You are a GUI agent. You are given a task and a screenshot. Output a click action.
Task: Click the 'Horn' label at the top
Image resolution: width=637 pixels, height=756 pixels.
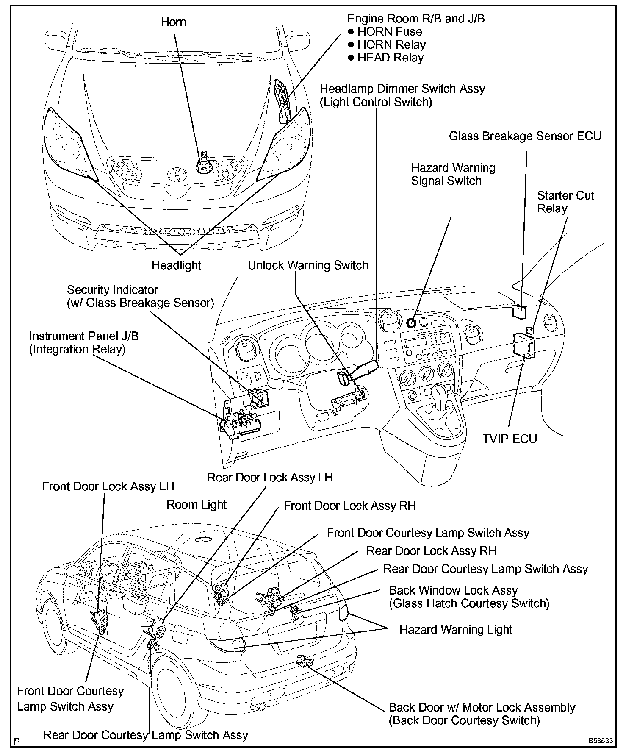click(x=173, y=22)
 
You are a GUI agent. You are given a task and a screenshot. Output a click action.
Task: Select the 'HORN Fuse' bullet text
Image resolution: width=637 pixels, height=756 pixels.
click(x=389, y=32)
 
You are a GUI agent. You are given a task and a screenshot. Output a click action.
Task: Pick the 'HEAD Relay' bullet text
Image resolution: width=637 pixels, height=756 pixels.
click(x=390, y=58)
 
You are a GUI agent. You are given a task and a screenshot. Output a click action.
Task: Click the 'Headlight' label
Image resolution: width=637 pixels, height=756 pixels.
click(x=176, y=265)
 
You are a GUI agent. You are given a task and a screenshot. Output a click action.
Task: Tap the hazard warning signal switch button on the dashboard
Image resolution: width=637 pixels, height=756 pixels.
click(x=411, y=323)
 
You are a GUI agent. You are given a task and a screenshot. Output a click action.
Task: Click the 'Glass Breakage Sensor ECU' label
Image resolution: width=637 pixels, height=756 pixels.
click(x=525, y=136)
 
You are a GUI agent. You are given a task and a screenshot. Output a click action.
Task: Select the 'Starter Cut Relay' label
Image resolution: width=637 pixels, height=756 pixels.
click(x=565, y=202)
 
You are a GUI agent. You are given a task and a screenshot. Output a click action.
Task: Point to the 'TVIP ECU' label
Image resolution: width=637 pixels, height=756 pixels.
click(x=510, y=439)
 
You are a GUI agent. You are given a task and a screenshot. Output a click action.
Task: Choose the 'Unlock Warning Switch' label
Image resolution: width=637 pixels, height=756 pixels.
click(x=308, y=265)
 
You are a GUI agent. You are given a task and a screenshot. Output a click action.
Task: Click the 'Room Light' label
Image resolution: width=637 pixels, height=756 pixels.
click(x=197, y=505)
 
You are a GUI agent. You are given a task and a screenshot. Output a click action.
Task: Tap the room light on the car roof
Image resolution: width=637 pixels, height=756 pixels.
click(x=204, y=539)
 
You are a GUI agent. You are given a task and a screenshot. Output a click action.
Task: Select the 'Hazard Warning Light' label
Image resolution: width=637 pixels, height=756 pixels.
click(x=456, y=630)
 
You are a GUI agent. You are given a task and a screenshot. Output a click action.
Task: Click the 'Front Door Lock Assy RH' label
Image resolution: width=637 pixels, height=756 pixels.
click(x=350, y=506)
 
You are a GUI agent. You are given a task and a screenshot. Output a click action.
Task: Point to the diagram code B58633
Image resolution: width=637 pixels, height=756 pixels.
click(x=600, y=741)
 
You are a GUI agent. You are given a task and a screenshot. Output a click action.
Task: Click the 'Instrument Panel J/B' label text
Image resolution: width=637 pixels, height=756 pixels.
click(x=84, y=336)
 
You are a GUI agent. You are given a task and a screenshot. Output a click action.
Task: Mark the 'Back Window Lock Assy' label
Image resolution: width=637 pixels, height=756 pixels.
click(x=453, y=590)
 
